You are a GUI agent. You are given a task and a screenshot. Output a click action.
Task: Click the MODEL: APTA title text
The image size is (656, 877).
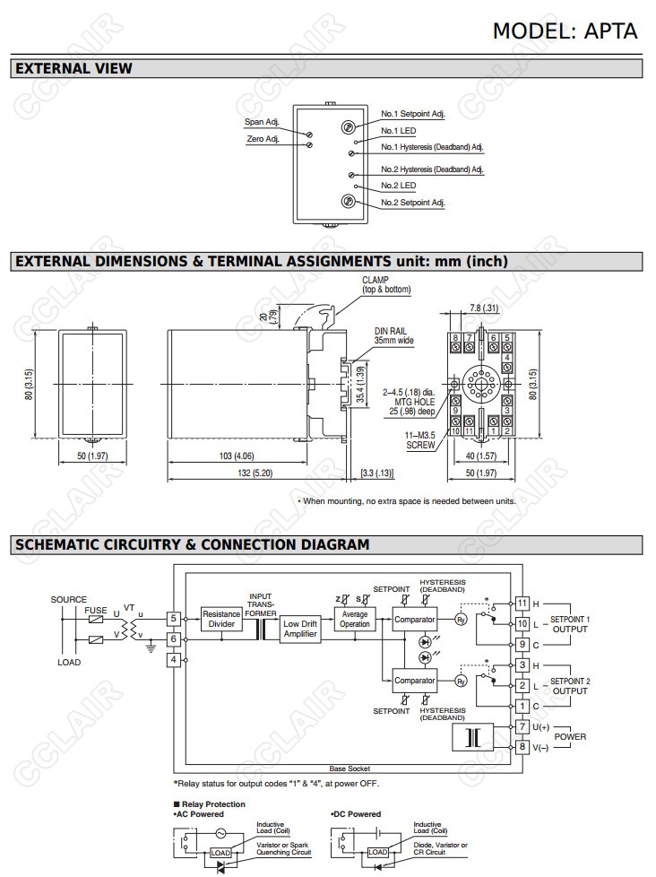click(x=565, y=30)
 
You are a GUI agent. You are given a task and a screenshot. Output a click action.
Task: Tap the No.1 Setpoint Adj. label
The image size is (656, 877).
click(x=412, y=114)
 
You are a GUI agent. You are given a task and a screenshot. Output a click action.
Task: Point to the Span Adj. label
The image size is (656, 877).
click(x=262, y=122)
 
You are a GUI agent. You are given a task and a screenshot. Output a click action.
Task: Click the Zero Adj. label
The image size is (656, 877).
click(x=263, y=139)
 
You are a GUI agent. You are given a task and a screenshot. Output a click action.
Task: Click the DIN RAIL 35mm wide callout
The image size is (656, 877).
click(x=394, y=336)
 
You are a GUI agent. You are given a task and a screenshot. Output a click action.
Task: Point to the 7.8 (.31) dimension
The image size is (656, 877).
click(x=484, y=308)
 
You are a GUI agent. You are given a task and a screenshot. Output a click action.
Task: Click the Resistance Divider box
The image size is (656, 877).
click(x=220, y=619)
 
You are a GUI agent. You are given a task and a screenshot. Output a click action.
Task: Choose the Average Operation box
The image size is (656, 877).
click(x=355, y=619)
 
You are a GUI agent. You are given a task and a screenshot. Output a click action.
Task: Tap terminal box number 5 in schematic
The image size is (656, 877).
click(x=174, y=619)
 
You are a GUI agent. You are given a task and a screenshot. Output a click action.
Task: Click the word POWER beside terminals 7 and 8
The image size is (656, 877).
click(x=570, y=736)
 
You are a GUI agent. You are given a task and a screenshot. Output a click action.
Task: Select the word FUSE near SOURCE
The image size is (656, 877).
click(x=96, y=611)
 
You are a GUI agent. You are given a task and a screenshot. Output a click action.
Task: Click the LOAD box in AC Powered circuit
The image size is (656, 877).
click(x=220, y=853)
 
